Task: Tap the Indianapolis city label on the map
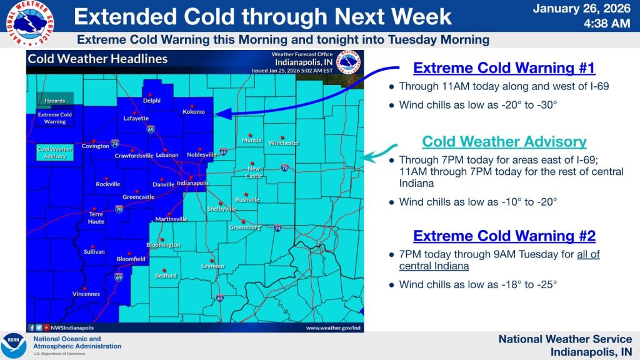pos(193,184)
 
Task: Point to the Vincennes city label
pos(87,294)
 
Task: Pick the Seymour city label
pos(212,266)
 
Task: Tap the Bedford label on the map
pos(166,276)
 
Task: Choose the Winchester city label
pos(284,143)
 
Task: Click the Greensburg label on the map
pos(244,227)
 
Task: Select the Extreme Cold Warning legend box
pos(55,118)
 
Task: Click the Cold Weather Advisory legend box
pos(55,153)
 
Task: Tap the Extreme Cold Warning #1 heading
pos(504,67)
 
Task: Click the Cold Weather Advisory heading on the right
pos(504,142)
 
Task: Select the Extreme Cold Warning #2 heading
pos(504,236)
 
